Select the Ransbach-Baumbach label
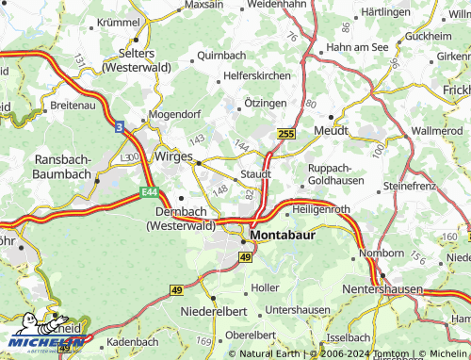62,167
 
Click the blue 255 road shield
287,136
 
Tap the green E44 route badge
149,192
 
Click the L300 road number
131,155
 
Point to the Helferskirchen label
259,76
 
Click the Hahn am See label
357,46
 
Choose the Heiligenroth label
321,209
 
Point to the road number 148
222,192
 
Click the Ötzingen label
265,102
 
